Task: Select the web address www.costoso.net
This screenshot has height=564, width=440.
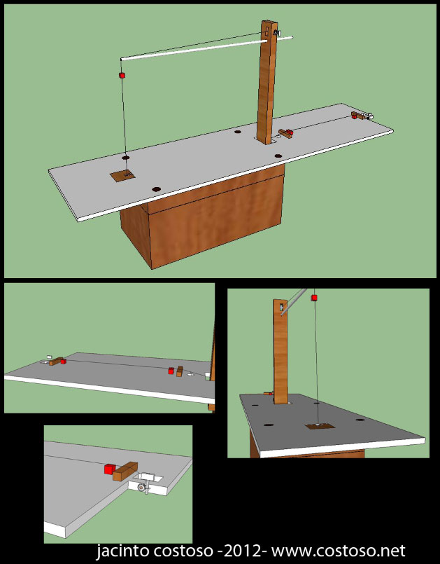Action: tap(339, 551)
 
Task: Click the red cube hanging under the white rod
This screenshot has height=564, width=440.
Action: tap(122, 75)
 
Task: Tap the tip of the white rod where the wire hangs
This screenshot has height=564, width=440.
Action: tap(122, 59)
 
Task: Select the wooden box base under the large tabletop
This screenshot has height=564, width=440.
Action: tap(203, 216)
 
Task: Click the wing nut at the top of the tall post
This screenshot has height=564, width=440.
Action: tap(277, 33)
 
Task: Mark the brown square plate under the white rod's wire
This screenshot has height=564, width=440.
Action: tap(123, 176)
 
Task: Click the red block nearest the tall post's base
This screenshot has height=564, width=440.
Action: tap(290, 132)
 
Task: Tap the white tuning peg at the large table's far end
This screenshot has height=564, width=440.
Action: tap(369, 116)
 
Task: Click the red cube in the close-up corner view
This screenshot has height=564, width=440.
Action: tap(110, 469)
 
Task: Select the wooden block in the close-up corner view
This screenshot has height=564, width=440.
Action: tap(125, 472)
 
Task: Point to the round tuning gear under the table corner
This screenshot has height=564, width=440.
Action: tap(142, 487)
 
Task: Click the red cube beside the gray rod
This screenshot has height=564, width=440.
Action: tap(314, 298)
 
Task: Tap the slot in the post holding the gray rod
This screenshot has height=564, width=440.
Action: tap(282, 307)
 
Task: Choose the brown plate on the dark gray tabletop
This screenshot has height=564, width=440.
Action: tap(320, 426)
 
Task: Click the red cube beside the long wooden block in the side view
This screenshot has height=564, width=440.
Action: tap(64, 361)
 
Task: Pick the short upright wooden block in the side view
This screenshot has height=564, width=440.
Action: tap(180, 371)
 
